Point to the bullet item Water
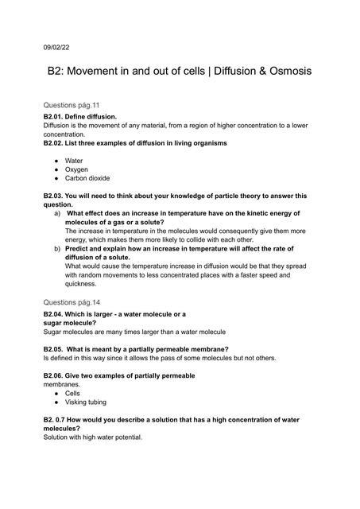[73, 161]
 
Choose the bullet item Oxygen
[76, 169]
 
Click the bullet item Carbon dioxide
[87, 178]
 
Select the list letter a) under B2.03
[56, 213]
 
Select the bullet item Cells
[72, 393]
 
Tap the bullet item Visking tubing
[85, 402]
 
